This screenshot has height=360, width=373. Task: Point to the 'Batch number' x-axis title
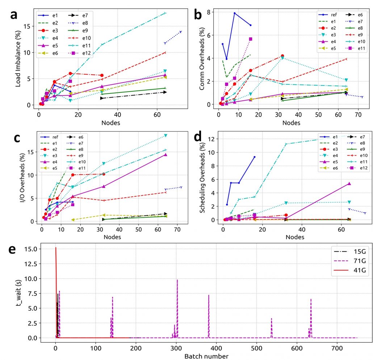coord(206,356)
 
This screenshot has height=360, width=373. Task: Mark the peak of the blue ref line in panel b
coord(234,13)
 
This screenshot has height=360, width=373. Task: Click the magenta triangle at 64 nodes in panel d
coord(349,184)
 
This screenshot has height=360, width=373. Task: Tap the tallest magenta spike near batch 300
coord(177,280)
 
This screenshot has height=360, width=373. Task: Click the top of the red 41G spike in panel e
coord(55,248)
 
